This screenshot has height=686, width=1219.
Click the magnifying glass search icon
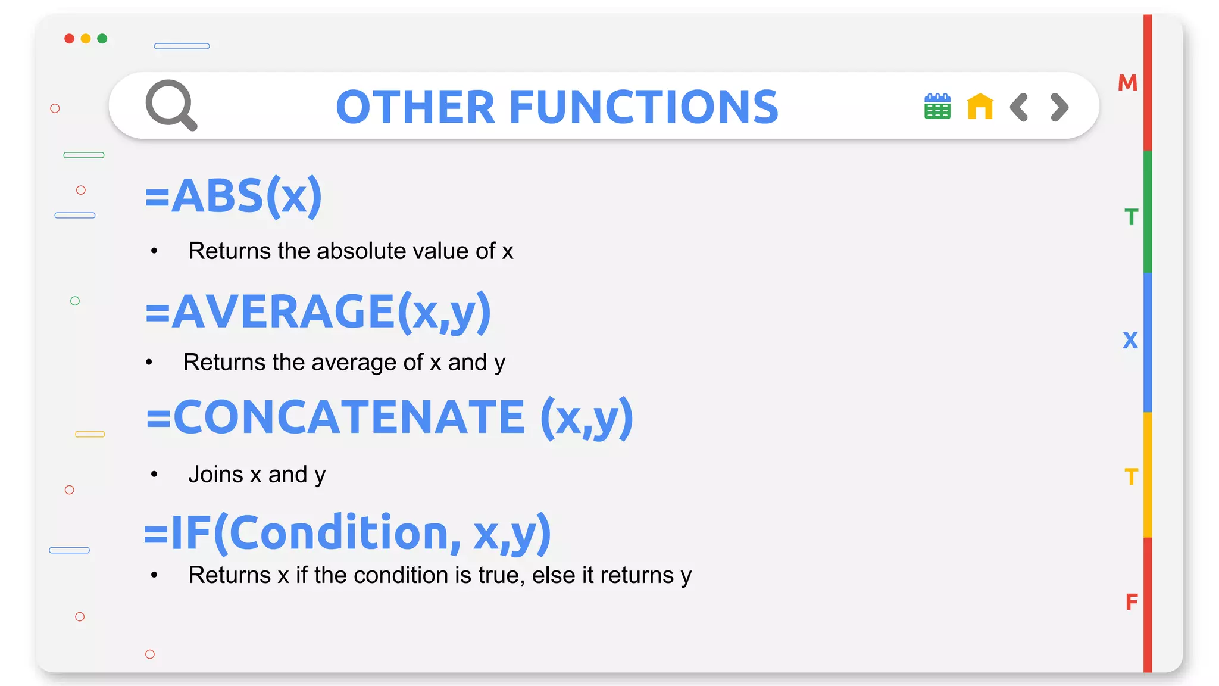(x=171, y=105)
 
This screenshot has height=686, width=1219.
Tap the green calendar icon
(x=937, y=107)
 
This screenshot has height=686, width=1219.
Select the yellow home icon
(x=980, y=107)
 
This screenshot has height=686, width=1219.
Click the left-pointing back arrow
(x=1019, y=107)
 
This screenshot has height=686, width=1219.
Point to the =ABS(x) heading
(x=233, y=196)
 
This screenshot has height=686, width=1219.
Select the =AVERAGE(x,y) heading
(x=318, y=311)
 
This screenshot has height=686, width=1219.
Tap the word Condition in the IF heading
(x=338, y=533)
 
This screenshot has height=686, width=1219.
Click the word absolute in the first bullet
(x=361, y=251)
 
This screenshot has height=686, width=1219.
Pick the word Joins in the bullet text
(x=215, y=475)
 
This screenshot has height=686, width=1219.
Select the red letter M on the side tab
(x=1127, y=83)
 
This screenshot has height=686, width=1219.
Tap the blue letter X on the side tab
(x=1130, y=341)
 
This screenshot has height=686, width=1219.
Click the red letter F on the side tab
(x=1132, y=602)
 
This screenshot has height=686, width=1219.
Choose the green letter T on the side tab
(x=1131, y=217)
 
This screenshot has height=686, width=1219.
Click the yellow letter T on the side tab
(x=1131, y=477)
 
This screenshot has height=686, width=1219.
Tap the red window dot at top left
(x=69, y=39)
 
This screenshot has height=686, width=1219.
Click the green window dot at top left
(x=102, y=39)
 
